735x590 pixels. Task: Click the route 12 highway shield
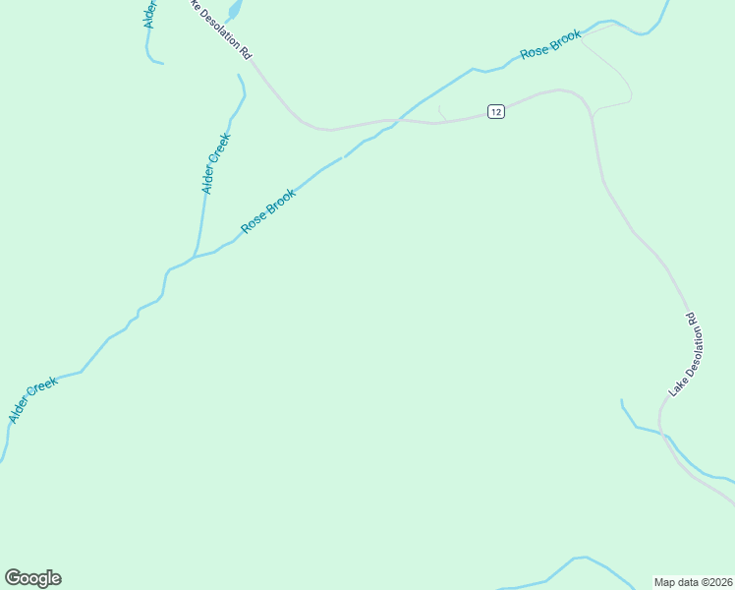(x=496, y=112)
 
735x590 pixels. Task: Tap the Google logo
(x=32, y=578)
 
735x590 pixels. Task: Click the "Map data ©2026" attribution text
(x=694, y=581)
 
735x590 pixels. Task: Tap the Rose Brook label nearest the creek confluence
(x=268, y=209)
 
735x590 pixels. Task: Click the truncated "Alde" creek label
(x=150, y=14)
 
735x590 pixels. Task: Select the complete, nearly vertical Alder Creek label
(x=215, y=163)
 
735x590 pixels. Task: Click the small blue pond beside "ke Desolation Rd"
(x=234, y=11)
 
